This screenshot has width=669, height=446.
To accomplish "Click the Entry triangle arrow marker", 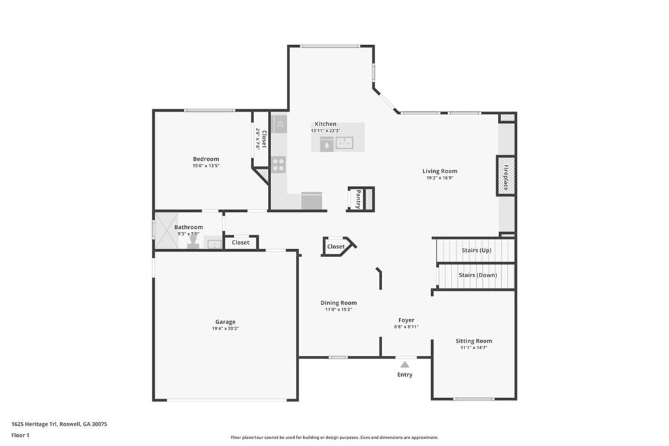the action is coord(405,364).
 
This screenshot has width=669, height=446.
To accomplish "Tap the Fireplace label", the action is coord(506,177).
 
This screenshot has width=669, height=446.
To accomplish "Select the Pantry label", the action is coord(359,199).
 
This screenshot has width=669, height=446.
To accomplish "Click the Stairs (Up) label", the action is coord(476,250).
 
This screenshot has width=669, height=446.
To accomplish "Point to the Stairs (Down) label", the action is coord(478,275).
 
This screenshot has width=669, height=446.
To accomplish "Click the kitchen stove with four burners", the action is coord(278,165).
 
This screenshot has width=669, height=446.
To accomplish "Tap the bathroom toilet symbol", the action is coord(193,242).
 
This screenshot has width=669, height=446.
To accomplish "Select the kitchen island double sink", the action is coord(344,143).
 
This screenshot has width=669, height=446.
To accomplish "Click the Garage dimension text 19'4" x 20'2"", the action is coord(225,328).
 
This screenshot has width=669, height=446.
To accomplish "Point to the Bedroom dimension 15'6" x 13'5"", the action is coord(206,165).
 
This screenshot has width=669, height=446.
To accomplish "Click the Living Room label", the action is coord(440,171).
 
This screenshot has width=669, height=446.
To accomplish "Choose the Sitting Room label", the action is coord(474,341).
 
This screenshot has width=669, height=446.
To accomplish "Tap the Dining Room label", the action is coord(339,303).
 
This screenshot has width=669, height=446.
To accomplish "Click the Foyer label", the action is coord(406,320).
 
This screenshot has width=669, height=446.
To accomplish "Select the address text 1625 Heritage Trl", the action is coord(35,424).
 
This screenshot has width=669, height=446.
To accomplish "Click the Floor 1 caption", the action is coord(20,436).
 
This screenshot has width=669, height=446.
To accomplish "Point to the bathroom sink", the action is coord(214,244).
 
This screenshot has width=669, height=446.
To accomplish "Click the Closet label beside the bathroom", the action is coord(240,242).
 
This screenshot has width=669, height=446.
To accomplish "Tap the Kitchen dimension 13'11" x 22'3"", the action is coord(325,130).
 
